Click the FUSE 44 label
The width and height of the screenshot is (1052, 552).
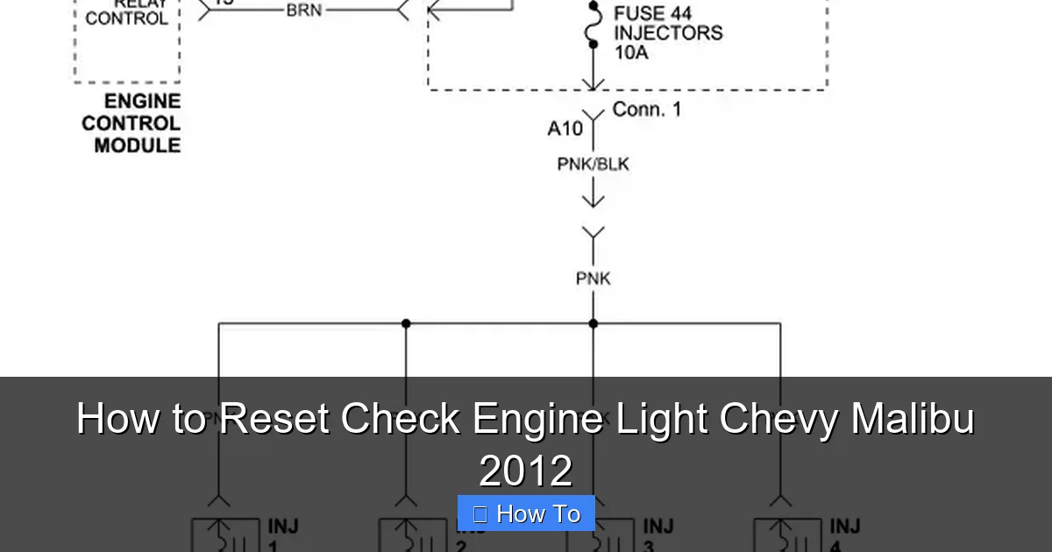pos(653,13)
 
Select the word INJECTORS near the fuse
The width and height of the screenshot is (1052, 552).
pos(668,33)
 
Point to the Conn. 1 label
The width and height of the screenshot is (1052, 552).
pos(647,110)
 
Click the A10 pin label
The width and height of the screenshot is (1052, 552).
pos(565,129)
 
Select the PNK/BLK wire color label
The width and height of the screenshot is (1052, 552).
pos(594,164)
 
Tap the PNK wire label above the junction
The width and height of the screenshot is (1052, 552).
pos(594,279)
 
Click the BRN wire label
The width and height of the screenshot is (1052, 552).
pos(304,11)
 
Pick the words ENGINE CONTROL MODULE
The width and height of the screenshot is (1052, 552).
pos(131,124)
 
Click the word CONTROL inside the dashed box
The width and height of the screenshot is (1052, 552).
pos(127,18)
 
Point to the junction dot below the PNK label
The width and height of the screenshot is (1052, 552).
pos(594,324)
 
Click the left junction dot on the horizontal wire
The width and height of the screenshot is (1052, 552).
pos(406,324)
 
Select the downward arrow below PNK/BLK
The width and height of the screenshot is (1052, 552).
pos(594,197)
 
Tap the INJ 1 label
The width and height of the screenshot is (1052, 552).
pos(282,534)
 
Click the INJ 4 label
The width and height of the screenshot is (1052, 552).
pos(845,534)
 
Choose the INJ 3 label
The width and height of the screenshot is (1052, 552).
pos(657,534)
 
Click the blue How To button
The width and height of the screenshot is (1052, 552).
pos(526,513)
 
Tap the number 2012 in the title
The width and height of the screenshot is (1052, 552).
pos(525,471)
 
